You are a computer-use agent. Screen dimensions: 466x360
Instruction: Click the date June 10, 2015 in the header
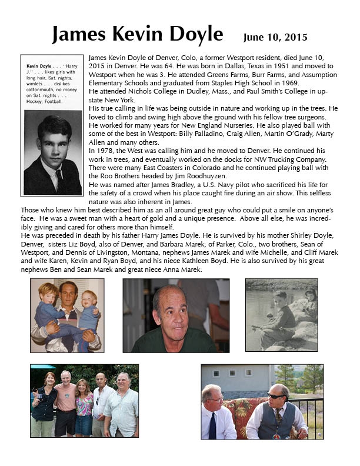(x=275, y=38)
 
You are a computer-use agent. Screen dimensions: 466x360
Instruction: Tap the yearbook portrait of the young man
(x=52, y=154)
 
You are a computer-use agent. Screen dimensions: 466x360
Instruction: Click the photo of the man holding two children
(x=66, y=315)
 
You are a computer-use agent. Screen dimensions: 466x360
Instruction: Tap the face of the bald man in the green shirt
(x=171, y=316)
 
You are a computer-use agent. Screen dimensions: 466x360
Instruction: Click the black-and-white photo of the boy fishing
(x=281, y=315)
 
